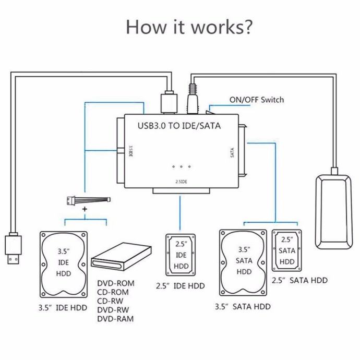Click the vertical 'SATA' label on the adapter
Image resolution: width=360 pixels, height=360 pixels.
pos(232,152)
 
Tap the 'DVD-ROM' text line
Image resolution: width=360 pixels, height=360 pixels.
pos(115,283)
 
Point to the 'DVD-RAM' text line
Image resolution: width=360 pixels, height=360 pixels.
pos(115,319)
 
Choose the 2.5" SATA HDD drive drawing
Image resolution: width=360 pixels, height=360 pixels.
pos(286,250)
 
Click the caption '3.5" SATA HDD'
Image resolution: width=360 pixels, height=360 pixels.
pos(242,307)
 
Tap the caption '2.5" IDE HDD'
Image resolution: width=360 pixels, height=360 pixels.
pos(180,285)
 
